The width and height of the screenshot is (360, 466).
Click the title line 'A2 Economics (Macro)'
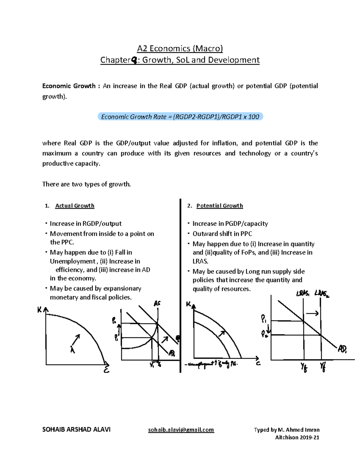180,48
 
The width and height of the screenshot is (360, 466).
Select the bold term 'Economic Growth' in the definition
69,86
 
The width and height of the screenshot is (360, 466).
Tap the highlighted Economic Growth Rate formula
180,117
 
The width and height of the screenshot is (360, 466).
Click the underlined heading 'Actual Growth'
75,206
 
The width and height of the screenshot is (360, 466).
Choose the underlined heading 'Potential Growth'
219,206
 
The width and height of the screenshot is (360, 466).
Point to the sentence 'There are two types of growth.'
86,184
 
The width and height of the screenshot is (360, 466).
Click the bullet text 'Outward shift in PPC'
222,234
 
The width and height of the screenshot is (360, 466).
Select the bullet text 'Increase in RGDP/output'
85,224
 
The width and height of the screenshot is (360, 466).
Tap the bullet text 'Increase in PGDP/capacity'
230,224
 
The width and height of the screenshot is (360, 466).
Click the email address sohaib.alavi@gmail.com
181,430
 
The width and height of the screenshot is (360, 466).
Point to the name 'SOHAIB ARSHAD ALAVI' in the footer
76,430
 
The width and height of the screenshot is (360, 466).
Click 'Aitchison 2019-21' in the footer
297,437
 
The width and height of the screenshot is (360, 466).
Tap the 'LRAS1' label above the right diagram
303,293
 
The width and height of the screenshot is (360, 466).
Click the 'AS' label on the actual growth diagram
157,303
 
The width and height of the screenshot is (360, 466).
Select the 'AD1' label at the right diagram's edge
342,349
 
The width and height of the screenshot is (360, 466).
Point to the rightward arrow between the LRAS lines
312,314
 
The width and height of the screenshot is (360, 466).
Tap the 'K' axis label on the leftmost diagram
39,310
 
